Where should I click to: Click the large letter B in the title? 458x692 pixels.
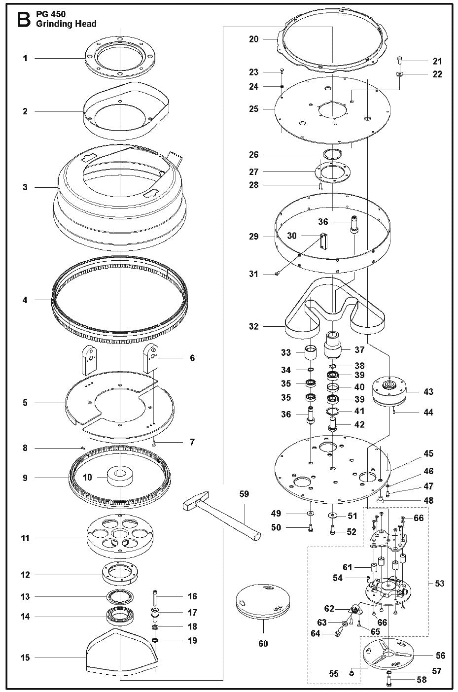(23, 20)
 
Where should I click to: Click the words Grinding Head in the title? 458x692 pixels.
(66, 24)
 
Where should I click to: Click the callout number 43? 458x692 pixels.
(427, 392)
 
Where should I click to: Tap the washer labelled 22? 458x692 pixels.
(399, 74)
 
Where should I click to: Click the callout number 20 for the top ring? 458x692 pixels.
(253, 39)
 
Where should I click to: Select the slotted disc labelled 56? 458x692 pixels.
(388, 653)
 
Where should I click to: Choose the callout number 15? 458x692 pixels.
(25, 657)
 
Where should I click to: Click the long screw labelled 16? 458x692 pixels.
(155, 598)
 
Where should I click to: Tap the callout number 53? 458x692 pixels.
(439, 584)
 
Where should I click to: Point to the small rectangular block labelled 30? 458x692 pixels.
(324, 241)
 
